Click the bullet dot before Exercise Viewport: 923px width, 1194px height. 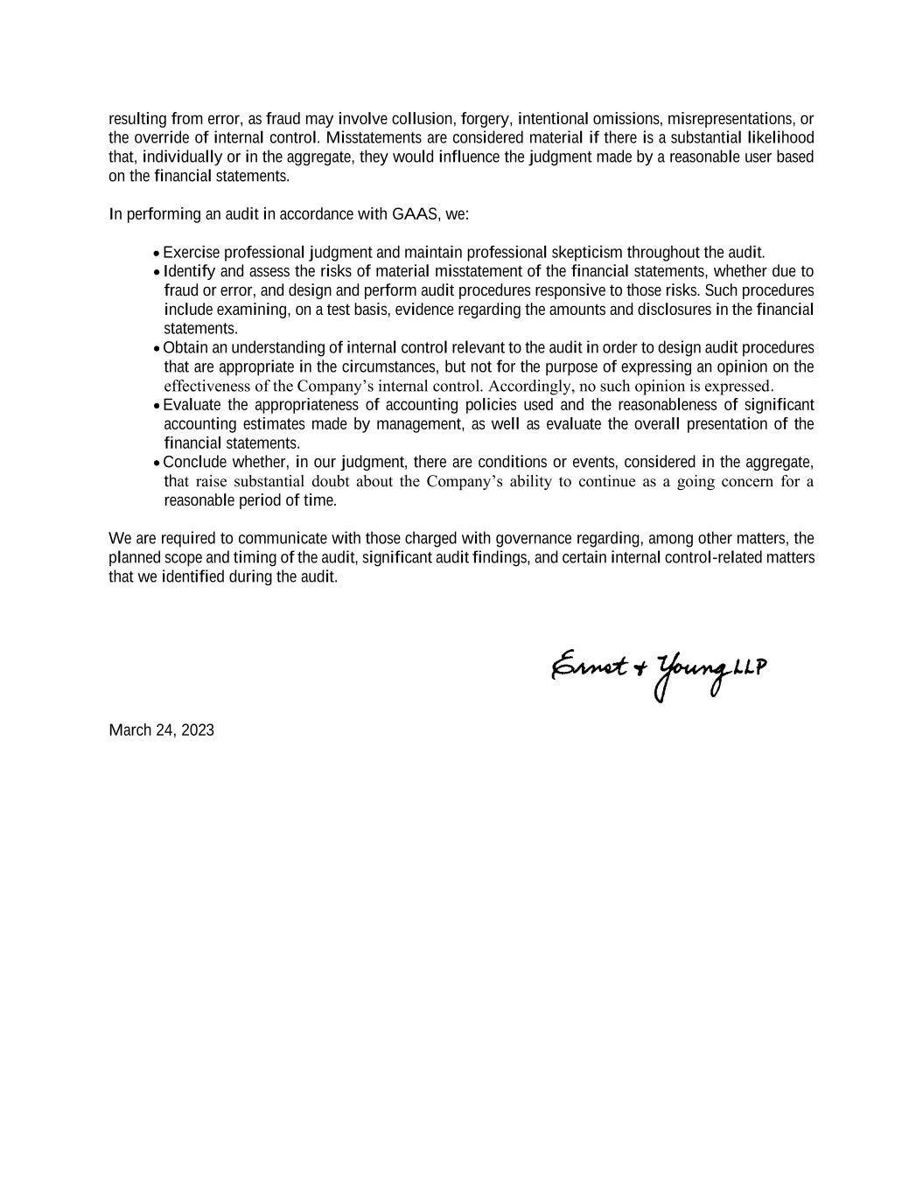[157, 254]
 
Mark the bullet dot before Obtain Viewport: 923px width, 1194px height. [157, 348]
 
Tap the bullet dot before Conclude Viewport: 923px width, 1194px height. [157, 463]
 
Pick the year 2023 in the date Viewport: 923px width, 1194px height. [197, 730]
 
